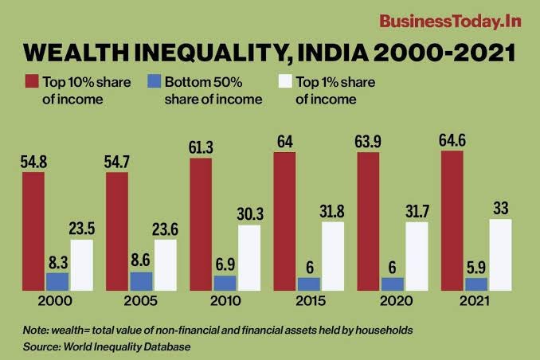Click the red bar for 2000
(x=33, y=230)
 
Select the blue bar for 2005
(x=141, y=281)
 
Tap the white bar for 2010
(x=248, y=257)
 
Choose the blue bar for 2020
(x=392, y=284)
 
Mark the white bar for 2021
(x=500, y=254)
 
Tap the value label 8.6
(x=141, y=260)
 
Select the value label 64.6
(x=452, y=141)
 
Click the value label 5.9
(x=475, y=267)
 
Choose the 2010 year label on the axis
(x=225, y=302)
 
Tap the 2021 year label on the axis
(x=475, y=302)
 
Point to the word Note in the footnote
(x=34, y=330)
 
